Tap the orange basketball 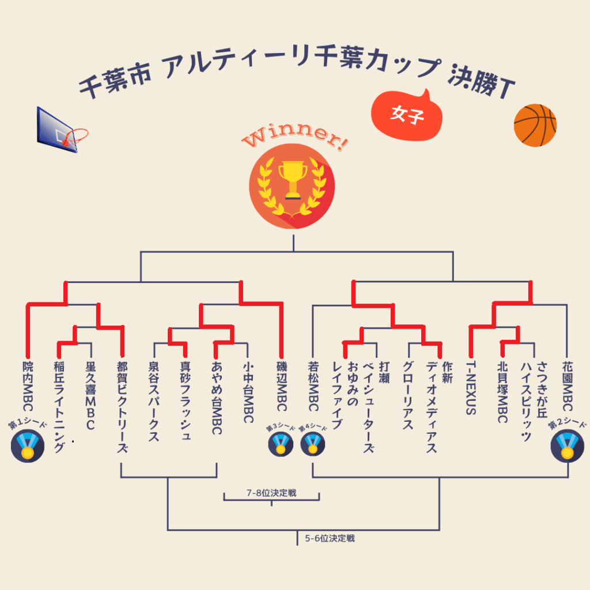535,125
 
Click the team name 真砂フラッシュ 185,401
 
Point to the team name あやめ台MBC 217,398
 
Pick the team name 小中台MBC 248,392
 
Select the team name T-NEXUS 470,388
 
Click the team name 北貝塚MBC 502,392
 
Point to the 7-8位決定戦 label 271,493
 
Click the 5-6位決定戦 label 330,539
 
